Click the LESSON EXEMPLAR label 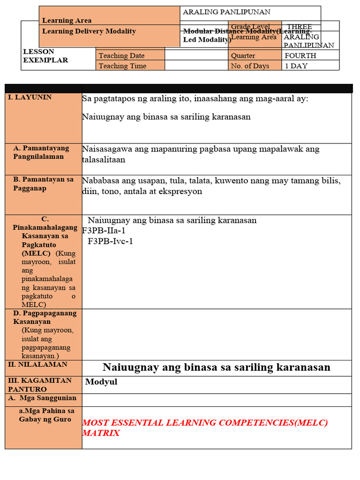tap(45, 56)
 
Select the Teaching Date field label tap(121, 56)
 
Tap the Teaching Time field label tap(122, 66)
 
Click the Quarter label tap(243, 56)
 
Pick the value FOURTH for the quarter tap(300, 56)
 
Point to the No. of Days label tap(250, 66)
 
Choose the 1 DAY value tap(296, 66)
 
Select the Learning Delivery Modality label tap(89, 31)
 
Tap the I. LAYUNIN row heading tap(30, 97)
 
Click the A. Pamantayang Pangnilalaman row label tap(41, 152)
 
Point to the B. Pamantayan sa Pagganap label tap(43, 183)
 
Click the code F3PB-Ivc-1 tap(110, 241)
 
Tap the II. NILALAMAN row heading tap(37, 364)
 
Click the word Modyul tap(101, 382)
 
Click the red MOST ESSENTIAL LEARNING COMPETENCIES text tap(205, 423)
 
